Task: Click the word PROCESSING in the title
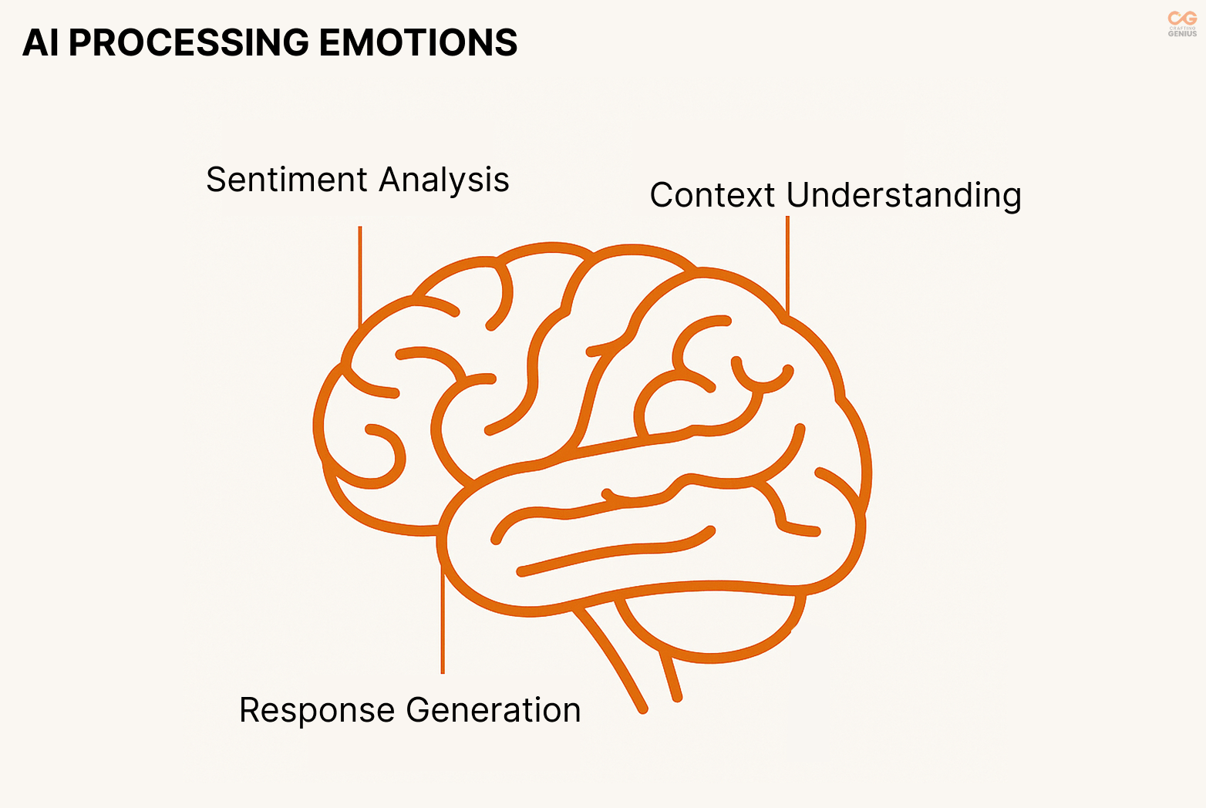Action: [190, 43]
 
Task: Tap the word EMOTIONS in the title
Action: [418, 43]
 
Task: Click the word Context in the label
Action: [712, 195]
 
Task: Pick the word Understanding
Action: [904, 196]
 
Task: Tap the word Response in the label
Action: [318, 710]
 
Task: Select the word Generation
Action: [494, 710]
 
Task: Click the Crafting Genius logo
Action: [1182, 23]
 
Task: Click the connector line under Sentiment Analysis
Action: [360, 274]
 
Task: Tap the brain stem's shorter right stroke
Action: [669, 675]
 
